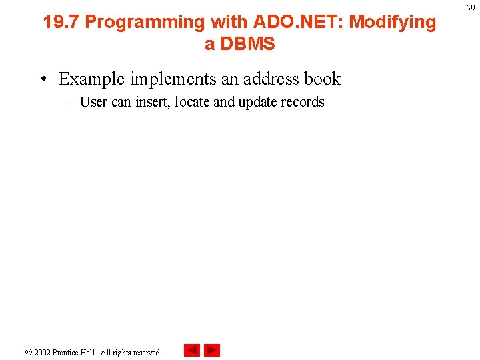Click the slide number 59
471,8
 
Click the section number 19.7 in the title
61,22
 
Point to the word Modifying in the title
392,22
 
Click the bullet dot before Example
43,79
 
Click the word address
272,79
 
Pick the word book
323,79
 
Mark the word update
259,102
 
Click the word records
304,102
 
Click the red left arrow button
191,351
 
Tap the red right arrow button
212,351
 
